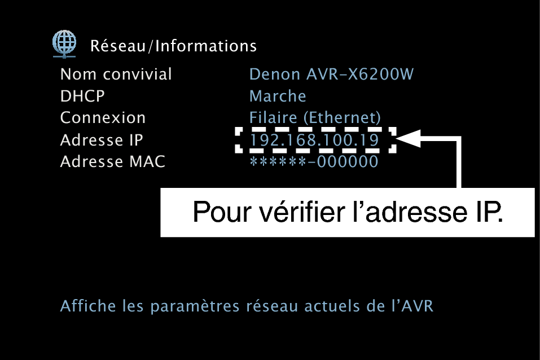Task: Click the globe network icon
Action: tap(64, 44)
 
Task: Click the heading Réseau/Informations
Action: tap(174, 46)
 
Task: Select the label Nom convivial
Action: tap(116, 74)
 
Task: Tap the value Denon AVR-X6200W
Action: tap(331, 74)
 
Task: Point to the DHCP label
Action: tap(82, 96)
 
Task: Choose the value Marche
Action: tap(278, 96)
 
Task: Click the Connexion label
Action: tap(103, 118)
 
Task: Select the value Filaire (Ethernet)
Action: tap(315, 118)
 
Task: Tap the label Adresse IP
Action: tap(102, 140)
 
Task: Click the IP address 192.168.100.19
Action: tap(314, 140)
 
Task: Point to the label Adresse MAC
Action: tap(113, 161)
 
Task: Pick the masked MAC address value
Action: tap(314, 161)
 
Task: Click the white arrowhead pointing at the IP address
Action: tap(409, 138)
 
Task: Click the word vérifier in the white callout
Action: tap(302, 212)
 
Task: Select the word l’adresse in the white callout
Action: tap(410, 212)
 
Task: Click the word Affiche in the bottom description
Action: tap(88, 306)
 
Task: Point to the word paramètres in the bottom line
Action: tap(195, 306)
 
